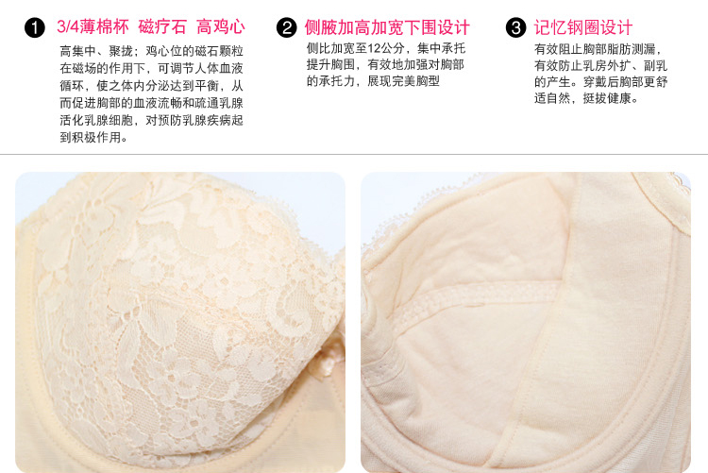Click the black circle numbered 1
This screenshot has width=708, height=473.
point(35,28)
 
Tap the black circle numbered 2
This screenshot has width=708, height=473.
point(287,28)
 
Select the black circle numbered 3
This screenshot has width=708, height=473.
point(516,28)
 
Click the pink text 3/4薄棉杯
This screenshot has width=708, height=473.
point(93,27)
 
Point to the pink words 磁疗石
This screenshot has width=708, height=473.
point(162,27)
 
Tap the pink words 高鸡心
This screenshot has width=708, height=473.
point(221,27)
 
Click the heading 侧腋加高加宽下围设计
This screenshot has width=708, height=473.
point(387,27)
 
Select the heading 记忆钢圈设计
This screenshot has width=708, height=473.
point(583,27)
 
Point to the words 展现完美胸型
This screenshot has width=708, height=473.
point(403,81)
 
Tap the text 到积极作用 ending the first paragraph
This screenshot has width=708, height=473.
point(91,137)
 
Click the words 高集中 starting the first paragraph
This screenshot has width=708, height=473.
point(78,52)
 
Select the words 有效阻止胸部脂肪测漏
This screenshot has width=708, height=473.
point(595,49)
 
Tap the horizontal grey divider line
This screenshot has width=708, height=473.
point(354,155)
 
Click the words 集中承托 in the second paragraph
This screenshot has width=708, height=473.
point(441,48)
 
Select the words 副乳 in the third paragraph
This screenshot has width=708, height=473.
point(655,65)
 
